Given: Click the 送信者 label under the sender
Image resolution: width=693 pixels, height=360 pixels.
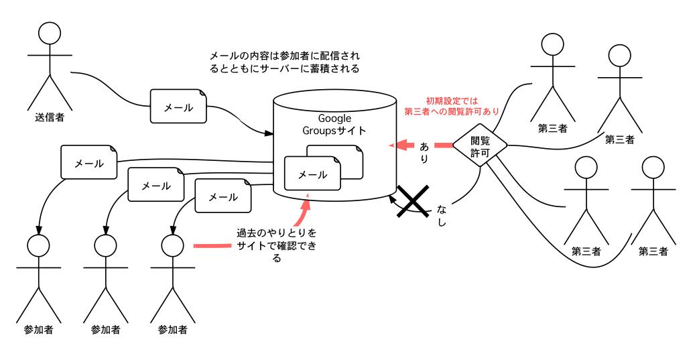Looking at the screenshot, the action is pos(50,117).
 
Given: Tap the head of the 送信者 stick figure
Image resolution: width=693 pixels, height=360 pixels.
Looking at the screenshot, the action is pos(50,33).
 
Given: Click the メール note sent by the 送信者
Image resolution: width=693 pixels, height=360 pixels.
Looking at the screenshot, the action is pos(178,107).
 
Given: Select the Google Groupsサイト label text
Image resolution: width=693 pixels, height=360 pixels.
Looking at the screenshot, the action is pos(334,124).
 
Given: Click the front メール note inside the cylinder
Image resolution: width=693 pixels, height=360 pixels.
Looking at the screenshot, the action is pos(312,174).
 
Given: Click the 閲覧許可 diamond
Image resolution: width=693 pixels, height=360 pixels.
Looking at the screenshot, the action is pos(480,145).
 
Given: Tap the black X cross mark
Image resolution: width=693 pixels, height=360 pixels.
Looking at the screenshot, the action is pos(412,201).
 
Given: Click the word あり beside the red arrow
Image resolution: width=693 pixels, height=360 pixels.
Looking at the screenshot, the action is pos(424,153).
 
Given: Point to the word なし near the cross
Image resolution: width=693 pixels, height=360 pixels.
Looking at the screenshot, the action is pos(442,215).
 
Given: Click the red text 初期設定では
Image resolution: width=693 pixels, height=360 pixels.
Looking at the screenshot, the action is pos(452,101).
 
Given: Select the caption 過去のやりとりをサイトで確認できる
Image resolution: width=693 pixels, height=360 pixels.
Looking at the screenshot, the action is pos(277,245).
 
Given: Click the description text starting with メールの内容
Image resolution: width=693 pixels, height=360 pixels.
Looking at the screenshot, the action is pos(285,62).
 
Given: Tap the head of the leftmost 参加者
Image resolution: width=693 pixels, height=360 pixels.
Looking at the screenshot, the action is pos(38,245).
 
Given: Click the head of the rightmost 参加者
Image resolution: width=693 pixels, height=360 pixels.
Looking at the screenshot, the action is pos(172,245).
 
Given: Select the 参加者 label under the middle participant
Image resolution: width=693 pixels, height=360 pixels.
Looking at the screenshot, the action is pos(105,329).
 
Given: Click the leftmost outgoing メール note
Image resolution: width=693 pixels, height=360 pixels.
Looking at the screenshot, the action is pos(89,162).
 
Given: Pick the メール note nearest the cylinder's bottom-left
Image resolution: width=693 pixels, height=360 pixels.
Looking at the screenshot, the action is pos(223,196).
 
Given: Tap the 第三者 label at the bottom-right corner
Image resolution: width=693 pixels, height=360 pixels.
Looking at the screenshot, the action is pos(653,251).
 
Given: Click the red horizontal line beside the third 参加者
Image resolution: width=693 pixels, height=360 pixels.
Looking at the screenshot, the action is pos(213,245).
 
